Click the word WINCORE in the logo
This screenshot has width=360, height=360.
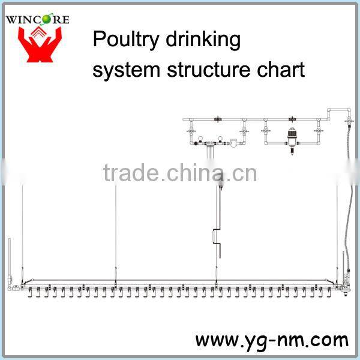37,19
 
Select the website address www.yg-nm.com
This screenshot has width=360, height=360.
271,340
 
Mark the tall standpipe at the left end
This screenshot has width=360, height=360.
10,258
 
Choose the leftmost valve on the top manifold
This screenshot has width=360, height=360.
193,129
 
